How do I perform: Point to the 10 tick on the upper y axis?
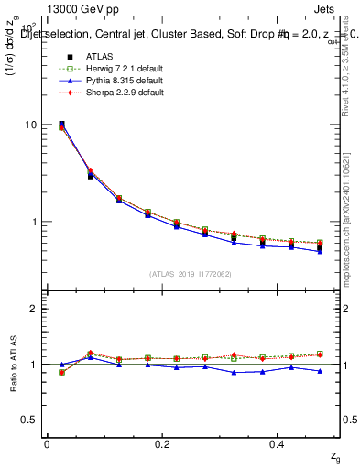[31, 125]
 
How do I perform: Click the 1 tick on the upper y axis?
[35, 222]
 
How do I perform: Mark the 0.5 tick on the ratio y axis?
[30, 420]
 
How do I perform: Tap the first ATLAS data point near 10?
[61, 124]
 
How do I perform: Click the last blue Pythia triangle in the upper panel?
[320, 251]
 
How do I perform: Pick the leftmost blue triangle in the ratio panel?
[61, 365]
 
